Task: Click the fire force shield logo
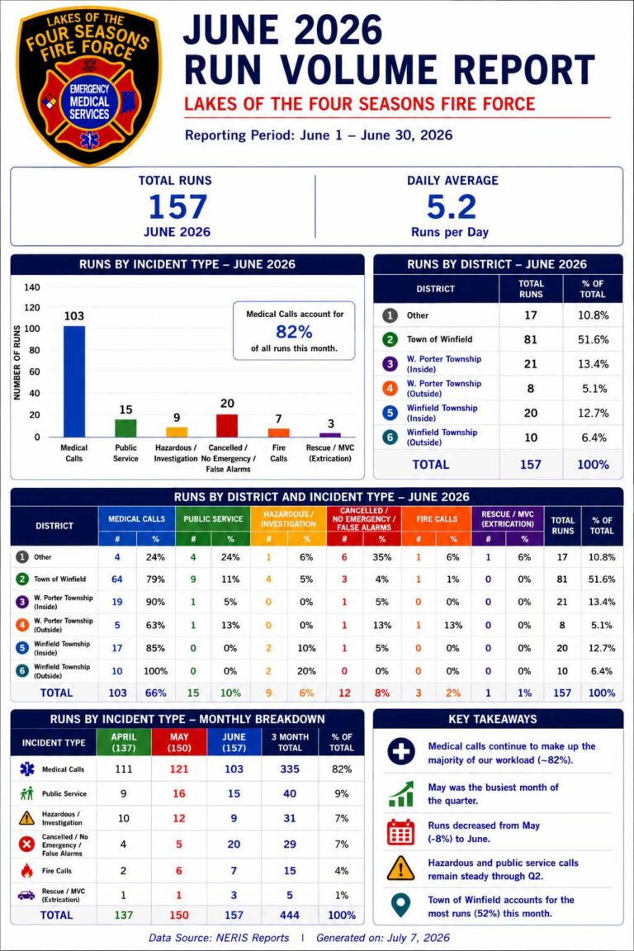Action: [x=89, y=87]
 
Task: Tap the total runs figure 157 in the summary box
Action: [x=177, y=207]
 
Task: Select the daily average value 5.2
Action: [x=451, y=207]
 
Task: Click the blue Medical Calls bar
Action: [x=74, y=381]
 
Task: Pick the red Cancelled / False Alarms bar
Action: [x=227, y=426]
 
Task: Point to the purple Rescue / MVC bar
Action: [x=330, y=435]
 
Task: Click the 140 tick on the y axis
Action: [x=32, y=287]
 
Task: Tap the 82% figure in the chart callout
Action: [x=294, y=332]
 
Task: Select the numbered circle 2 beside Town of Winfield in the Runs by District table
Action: [x=390, y=339]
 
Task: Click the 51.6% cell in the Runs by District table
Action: [x=593, y=339]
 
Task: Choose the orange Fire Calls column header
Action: [x=437, y=519]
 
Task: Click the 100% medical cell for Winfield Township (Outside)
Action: [x=155, y=671]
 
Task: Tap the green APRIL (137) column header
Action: [x=124, y=742]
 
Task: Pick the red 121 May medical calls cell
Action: [x=179, y=769]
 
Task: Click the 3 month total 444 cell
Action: [x=290, y=916]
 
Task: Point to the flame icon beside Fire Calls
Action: [x=26, y=871]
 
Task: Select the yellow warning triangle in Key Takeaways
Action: [x=400, y=868]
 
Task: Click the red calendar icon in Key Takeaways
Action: [x=400, y=831]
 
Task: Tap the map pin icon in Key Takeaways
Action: [x=400, y=906]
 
